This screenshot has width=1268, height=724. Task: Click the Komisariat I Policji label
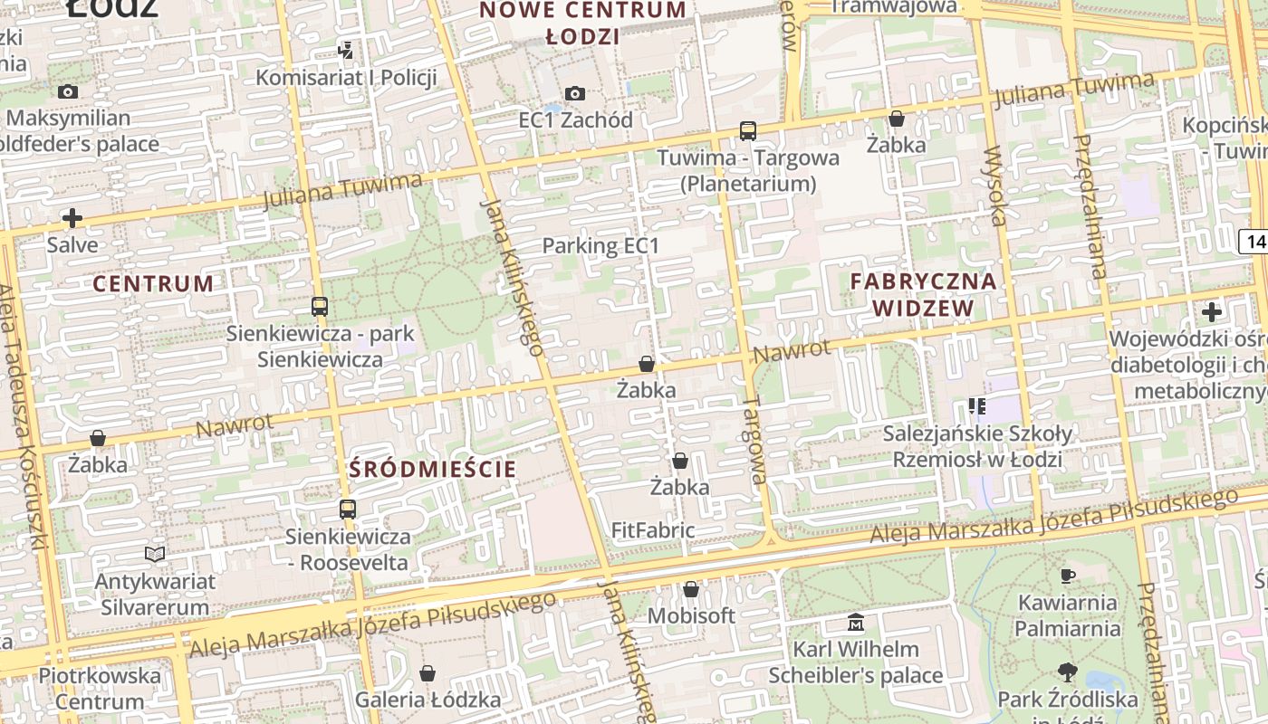[x=346, y=77]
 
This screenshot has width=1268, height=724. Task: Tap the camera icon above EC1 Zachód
[x=575, y=93]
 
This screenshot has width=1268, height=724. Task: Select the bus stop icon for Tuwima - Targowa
[x=747, y=131]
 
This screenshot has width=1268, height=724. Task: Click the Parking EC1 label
[x=600, y=245]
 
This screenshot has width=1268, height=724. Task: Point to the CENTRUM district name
[x=153, y=283]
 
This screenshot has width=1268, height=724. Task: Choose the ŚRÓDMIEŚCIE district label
[x=433, y=469]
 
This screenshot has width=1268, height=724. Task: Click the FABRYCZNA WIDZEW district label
[x=923, y=295]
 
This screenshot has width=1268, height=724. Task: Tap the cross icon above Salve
[x=72, y=218]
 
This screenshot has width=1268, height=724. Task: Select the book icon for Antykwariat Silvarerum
[x=155, y=554]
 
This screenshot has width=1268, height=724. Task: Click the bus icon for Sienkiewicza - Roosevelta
[x=348, y=510]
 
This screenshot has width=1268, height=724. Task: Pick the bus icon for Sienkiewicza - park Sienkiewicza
[x=319, y=307]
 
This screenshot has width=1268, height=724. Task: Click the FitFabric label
[x=653, y=530]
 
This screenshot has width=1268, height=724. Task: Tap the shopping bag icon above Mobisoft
[x=691, y=590]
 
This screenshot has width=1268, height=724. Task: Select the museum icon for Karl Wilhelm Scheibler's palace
[x=856, y=623]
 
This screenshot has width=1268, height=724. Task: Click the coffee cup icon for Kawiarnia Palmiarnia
[x=1068, y=576]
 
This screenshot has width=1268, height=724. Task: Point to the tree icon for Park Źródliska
[x=1068, y=672]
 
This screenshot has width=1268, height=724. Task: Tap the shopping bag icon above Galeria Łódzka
[x=427, y=673]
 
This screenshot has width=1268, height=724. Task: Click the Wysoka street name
[x=996, y=185]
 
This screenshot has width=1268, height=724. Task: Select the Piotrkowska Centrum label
[x=100, y=688]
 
